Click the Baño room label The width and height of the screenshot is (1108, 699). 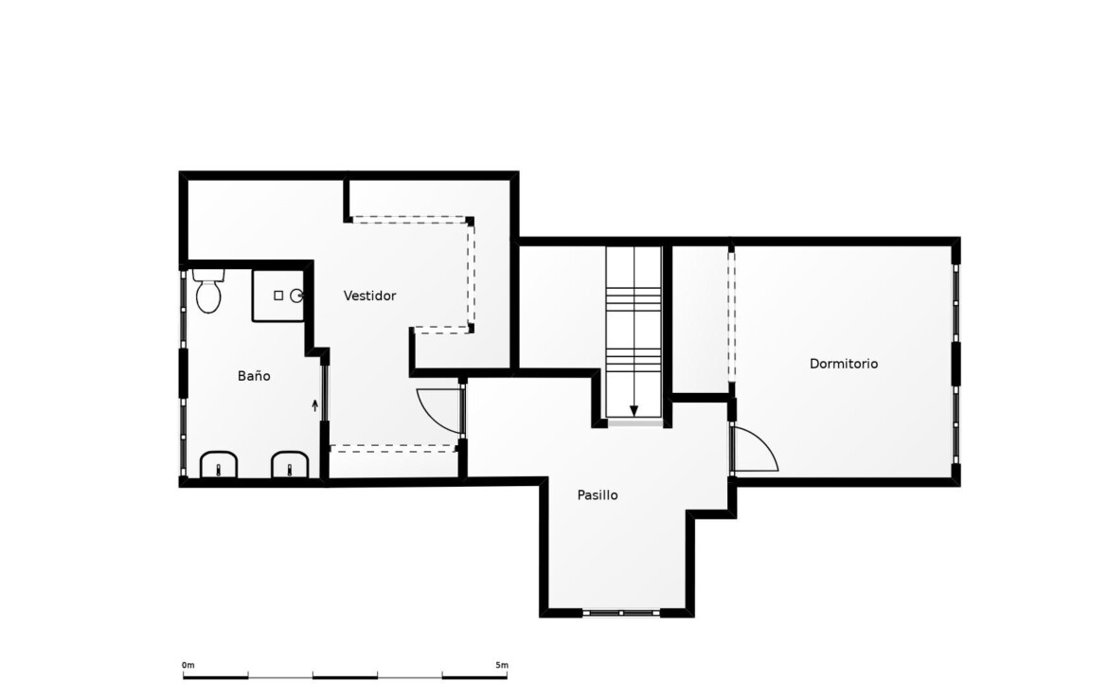(x=254, y=376)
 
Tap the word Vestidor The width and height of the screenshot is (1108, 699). (x=369, y=296)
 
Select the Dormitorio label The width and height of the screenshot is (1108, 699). (x=844, y=364)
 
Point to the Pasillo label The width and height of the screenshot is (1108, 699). (x=598, y=494)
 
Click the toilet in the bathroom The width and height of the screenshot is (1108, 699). (x=208, y=291)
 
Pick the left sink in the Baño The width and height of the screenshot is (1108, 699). (x=219, y=465)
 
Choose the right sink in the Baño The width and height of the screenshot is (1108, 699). (x=291, y=465)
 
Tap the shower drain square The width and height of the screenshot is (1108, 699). (x=278, y=296)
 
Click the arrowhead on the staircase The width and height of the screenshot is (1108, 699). (x=634, y=411)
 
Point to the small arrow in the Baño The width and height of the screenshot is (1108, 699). (x=315, y=405)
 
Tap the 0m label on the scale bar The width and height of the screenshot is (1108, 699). (x=188, y=665)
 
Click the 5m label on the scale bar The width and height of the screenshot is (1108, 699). (x=502, y=665)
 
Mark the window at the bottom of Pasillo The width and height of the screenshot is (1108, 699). (x=621, y=613)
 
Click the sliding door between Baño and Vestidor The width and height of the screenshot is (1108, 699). (x=324, y=392)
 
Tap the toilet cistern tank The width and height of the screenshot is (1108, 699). (x=208, y=275)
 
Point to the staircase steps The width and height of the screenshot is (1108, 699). (x=634, y=332)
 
